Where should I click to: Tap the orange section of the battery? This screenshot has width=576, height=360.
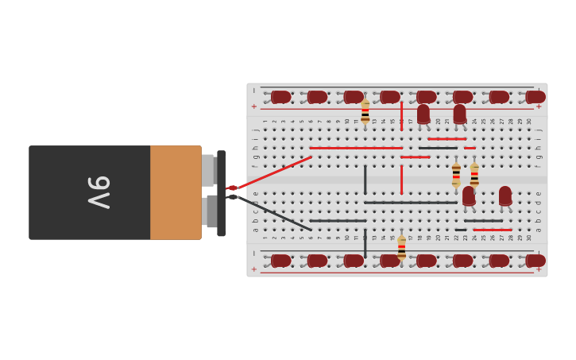[x=176, y=192]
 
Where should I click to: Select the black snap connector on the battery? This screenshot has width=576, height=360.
[x=221, y=193]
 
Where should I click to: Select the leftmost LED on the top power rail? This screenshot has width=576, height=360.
[x=280, y=97]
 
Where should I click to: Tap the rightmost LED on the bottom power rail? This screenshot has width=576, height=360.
[x=535, y=261]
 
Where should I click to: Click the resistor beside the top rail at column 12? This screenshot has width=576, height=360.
[x=365, y=112]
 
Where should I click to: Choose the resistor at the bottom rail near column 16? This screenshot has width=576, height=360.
[x=401, y=246]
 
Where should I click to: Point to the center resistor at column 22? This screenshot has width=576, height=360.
[x=456, y=174]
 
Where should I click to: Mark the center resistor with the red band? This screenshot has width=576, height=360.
[x=474, y=174]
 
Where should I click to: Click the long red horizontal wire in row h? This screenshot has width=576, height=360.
[x=356, y=148]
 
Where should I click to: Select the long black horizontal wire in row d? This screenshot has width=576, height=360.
[x=411, y=203]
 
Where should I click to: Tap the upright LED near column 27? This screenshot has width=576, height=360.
[x=505, y=195]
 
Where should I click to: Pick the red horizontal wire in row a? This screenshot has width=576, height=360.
[x=492, y=230]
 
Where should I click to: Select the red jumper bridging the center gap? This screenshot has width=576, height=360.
[x=401, y=180]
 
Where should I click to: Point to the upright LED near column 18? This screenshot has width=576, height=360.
[x=423, y=114]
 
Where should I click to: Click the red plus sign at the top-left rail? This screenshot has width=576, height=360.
[x=254, y=106]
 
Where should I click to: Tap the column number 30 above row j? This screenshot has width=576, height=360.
[x=529, y=122]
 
